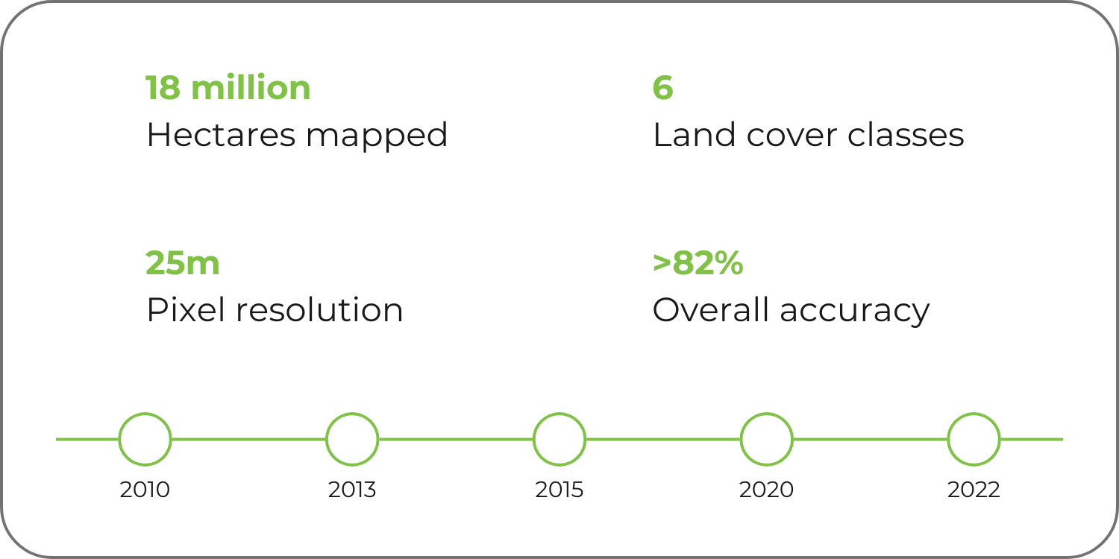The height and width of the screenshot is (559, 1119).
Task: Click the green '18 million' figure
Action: pyautogui.click(x=228, y=87)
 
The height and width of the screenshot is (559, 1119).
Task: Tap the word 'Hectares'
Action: pyautogui.click(x=221, y=135)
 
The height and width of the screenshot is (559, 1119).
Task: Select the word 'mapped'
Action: pyautogui.click(x=377, y=137)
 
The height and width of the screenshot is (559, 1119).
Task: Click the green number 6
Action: pyautogui.click(x=663, y=88)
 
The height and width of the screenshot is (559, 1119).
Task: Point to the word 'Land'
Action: pyautogui.click(x=695, y=135)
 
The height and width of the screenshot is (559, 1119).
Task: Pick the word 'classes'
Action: pyautogui.click(x=906, y=135)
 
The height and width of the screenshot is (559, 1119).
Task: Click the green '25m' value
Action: pyautogui.click(x=182, y=263)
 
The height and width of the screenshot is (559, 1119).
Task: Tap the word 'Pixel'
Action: pyautogui.click(x=186, y=310)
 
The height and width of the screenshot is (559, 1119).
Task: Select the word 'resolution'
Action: pyautogui.click(x=319, y=310)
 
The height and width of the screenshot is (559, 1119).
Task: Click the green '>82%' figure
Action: pyautogui.click(x=698, y=263)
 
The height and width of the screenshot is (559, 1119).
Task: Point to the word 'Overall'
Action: pyautogui.click(x=711, y=310)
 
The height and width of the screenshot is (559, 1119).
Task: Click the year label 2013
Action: pyautogui.click(x=352, y=490)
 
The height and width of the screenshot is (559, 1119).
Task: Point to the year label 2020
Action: pyautogui.click(x=766, y=490)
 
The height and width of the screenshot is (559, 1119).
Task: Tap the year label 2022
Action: pyautogui.click(x=974, y=490)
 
